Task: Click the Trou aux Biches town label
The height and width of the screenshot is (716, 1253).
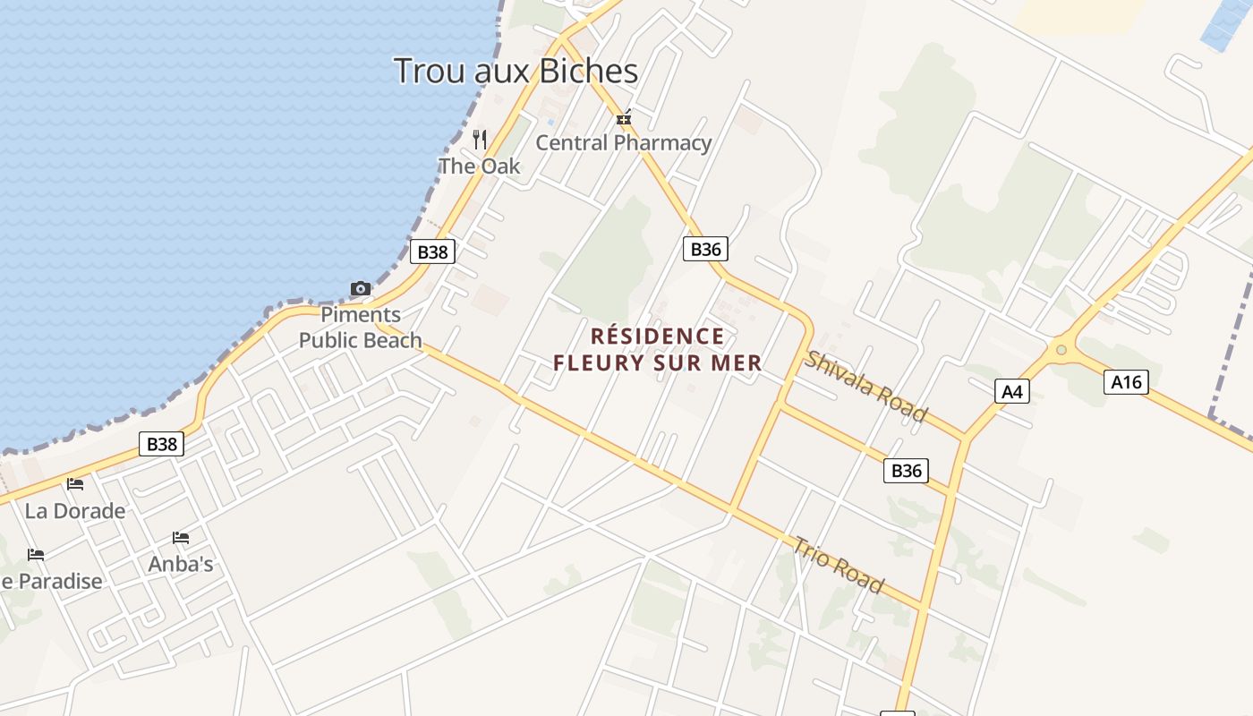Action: (516, 71)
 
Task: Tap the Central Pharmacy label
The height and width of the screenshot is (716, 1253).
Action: (623, 142)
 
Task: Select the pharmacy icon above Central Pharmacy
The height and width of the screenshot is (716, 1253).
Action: (624, 117)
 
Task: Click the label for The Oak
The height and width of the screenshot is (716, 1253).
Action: (479, 166)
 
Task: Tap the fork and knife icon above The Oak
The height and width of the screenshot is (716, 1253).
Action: (480, 139)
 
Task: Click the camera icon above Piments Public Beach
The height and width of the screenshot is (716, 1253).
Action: (361, 288)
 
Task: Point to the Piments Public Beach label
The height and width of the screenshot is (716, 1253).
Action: (361, 328)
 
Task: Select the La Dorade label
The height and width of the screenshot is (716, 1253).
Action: (75, 511)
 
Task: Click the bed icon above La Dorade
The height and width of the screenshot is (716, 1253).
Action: (75, 484)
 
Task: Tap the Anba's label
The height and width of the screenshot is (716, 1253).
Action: (181, 564)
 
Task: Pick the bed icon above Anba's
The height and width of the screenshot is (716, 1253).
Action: (181, 538)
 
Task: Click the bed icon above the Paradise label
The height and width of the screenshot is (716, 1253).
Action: (36, 555)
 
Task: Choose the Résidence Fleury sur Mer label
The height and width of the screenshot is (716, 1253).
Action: (658, 349)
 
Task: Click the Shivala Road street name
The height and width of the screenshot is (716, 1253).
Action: (865, 386)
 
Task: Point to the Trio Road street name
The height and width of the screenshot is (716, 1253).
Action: (839, 565)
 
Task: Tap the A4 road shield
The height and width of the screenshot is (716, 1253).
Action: (1012, 391)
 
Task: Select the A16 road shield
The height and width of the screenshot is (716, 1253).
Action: (1126, 382)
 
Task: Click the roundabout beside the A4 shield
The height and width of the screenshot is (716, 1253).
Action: (1061, 350)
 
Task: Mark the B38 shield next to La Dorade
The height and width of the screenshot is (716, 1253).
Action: (162, 444)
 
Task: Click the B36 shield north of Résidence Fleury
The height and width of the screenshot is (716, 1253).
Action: (705, 249)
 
